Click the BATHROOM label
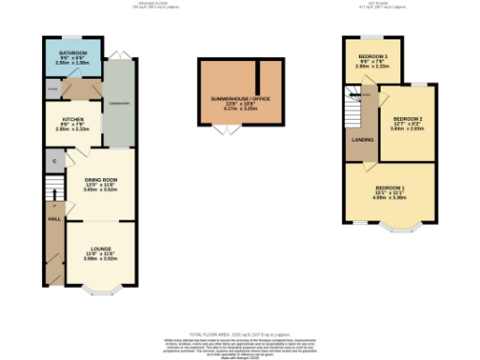(72, 53)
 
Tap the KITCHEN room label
(74, 120)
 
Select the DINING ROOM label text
(99, 179)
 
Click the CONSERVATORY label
(120, 102)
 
